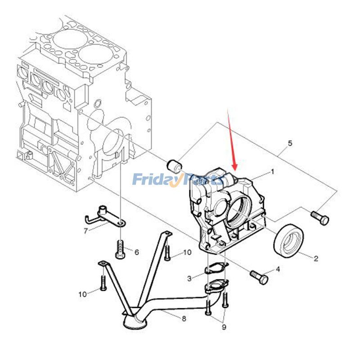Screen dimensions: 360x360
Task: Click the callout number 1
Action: (273, 172)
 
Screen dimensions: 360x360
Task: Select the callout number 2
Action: (316, 258)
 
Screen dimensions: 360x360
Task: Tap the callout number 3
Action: (189, 279)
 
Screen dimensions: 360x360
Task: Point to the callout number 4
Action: (278, 269)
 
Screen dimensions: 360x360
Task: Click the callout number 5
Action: (290, 144)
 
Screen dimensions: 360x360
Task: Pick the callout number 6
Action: (137, 252)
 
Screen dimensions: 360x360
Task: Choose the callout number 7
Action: (85, 231)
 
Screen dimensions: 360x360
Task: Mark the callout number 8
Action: (184, 319)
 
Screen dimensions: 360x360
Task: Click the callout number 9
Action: (224, 328)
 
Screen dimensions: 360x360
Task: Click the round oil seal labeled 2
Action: (288, 241)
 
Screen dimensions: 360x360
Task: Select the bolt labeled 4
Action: (259, 277)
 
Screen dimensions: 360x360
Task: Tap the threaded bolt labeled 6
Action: (120, 249)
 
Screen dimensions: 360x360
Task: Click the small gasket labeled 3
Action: (216, 269)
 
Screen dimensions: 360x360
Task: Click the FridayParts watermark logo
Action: (178, 180)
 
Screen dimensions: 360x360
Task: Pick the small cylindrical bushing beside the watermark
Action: (175, 166)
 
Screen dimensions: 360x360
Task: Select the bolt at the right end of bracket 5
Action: (320, 218)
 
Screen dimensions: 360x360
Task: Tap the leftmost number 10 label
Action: (83, 294)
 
